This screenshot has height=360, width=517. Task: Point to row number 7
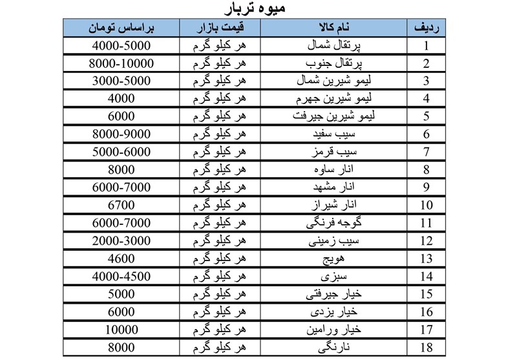click(427, 152)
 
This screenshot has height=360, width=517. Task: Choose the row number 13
click(427, 259)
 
